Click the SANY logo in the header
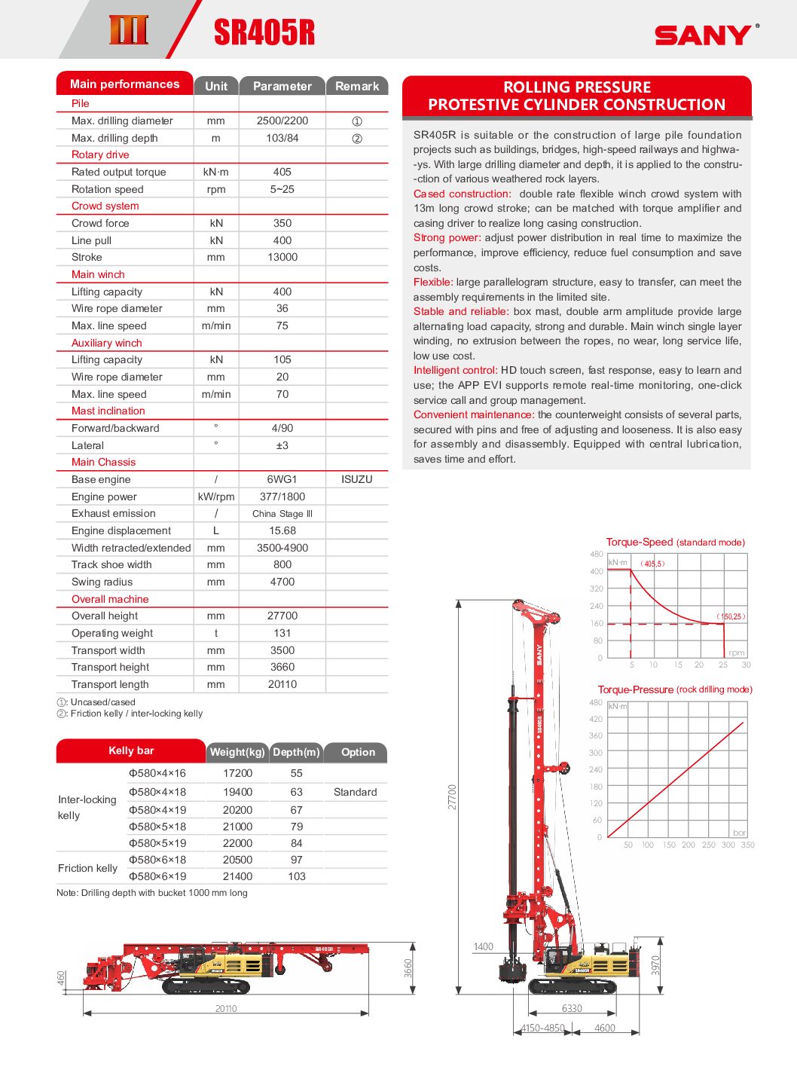pos(703,35)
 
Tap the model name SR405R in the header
pos(264,32)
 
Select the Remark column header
pos(357,86)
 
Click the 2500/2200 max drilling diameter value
pos(282,121)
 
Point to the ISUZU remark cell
pos(357,479)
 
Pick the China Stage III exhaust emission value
pos(282,514)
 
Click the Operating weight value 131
pos(282,633)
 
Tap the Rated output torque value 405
pos(282,172)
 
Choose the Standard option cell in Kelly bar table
pos(355,792)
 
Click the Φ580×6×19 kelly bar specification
pos(157,876)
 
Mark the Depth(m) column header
pos(296,752)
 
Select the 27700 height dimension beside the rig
pos(452,796)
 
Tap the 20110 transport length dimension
pos(226,1008)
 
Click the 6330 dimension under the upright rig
pos(572,1008)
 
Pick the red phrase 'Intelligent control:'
pos(455,370)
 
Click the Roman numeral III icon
pos(129,30)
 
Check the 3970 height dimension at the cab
pos(655,965)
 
